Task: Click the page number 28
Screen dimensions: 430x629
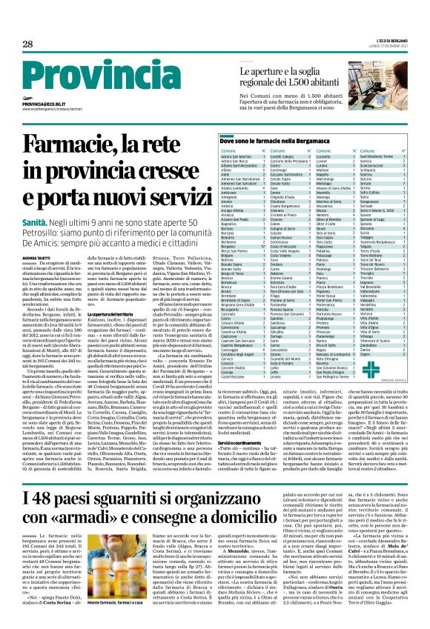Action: [x=28, y=44]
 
